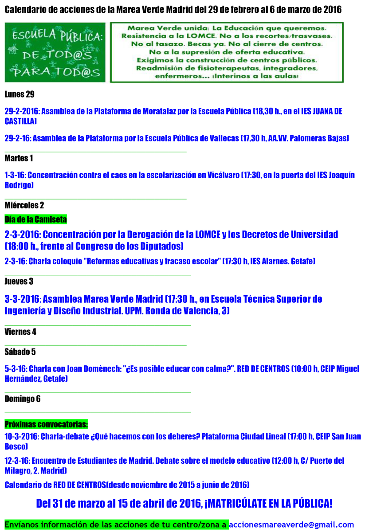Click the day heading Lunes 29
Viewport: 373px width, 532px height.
(20, 94)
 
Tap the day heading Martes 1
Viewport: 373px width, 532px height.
(19, 158)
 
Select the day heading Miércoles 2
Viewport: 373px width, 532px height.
(24, 205)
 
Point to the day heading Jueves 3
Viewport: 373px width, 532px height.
(19, 281)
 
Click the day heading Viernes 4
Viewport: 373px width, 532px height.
(20, 332)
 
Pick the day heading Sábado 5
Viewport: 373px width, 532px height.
(20, 352)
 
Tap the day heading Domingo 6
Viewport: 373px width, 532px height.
(23, 399)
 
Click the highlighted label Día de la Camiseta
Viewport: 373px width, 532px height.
(35, 219)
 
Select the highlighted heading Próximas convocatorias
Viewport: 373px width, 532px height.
(46, 424)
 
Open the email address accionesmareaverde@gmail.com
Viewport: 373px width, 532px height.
(291, 524)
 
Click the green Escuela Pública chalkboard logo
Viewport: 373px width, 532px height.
(55, 52)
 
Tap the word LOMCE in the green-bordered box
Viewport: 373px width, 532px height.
(204, 36)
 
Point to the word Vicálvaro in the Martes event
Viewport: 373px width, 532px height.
(224, 175)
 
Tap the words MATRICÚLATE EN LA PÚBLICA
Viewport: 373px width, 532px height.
(268, 503)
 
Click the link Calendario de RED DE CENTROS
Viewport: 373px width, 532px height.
(55, 485)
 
